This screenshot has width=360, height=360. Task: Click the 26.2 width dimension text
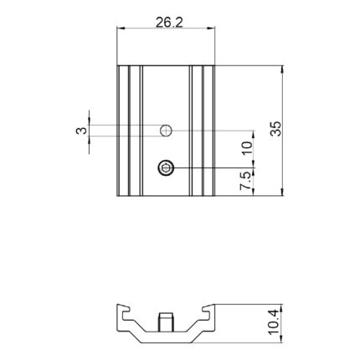[x=169, y=23]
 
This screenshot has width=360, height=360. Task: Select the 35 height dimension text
[x=275, y=128]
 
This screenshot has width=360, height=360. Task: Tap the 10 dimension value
[x=247, y=148]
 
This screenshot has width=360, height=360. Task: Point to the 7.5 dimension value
[x=245, y=181]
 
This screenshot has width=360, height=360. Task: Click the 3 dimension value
[x=81, y=131]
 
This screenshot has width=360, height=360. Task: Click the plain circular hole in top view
[x=166, y=131]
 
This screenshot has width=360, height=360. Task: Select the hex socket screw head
[x=166, y=168]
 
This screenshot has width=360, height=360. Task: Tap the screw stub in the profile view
[x=166, y=321]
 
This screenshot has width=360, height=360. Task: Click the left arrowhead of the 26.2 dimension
[x=121, y=28]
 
